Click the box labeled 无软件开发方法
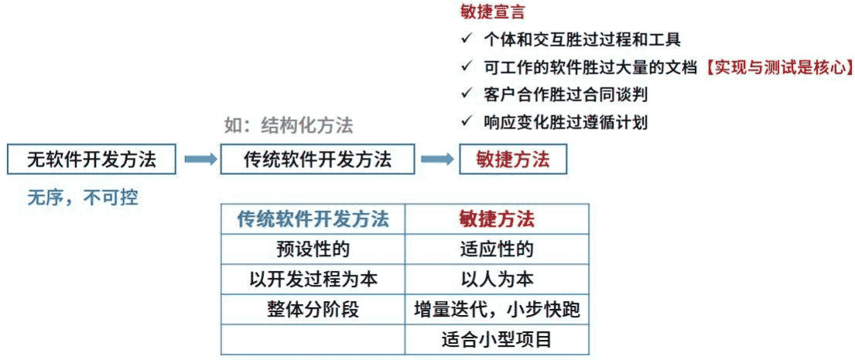[91, 159]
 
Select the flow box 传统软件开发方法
[317, 159]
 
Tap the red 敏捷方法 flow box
[512, 159]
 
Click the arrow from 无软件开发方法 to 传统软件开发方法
[200, 159]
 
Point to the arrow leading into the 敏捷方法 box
[436, 159]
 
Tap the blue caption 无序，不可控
[83, 197]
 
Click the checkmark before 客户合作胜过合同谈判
[465, 94]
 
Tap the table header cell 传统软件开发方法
[313, 219]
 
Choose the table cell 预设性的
[313, 249]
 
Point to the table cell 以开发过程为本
[313, 279]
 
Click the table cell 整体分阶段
[313, 310]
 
